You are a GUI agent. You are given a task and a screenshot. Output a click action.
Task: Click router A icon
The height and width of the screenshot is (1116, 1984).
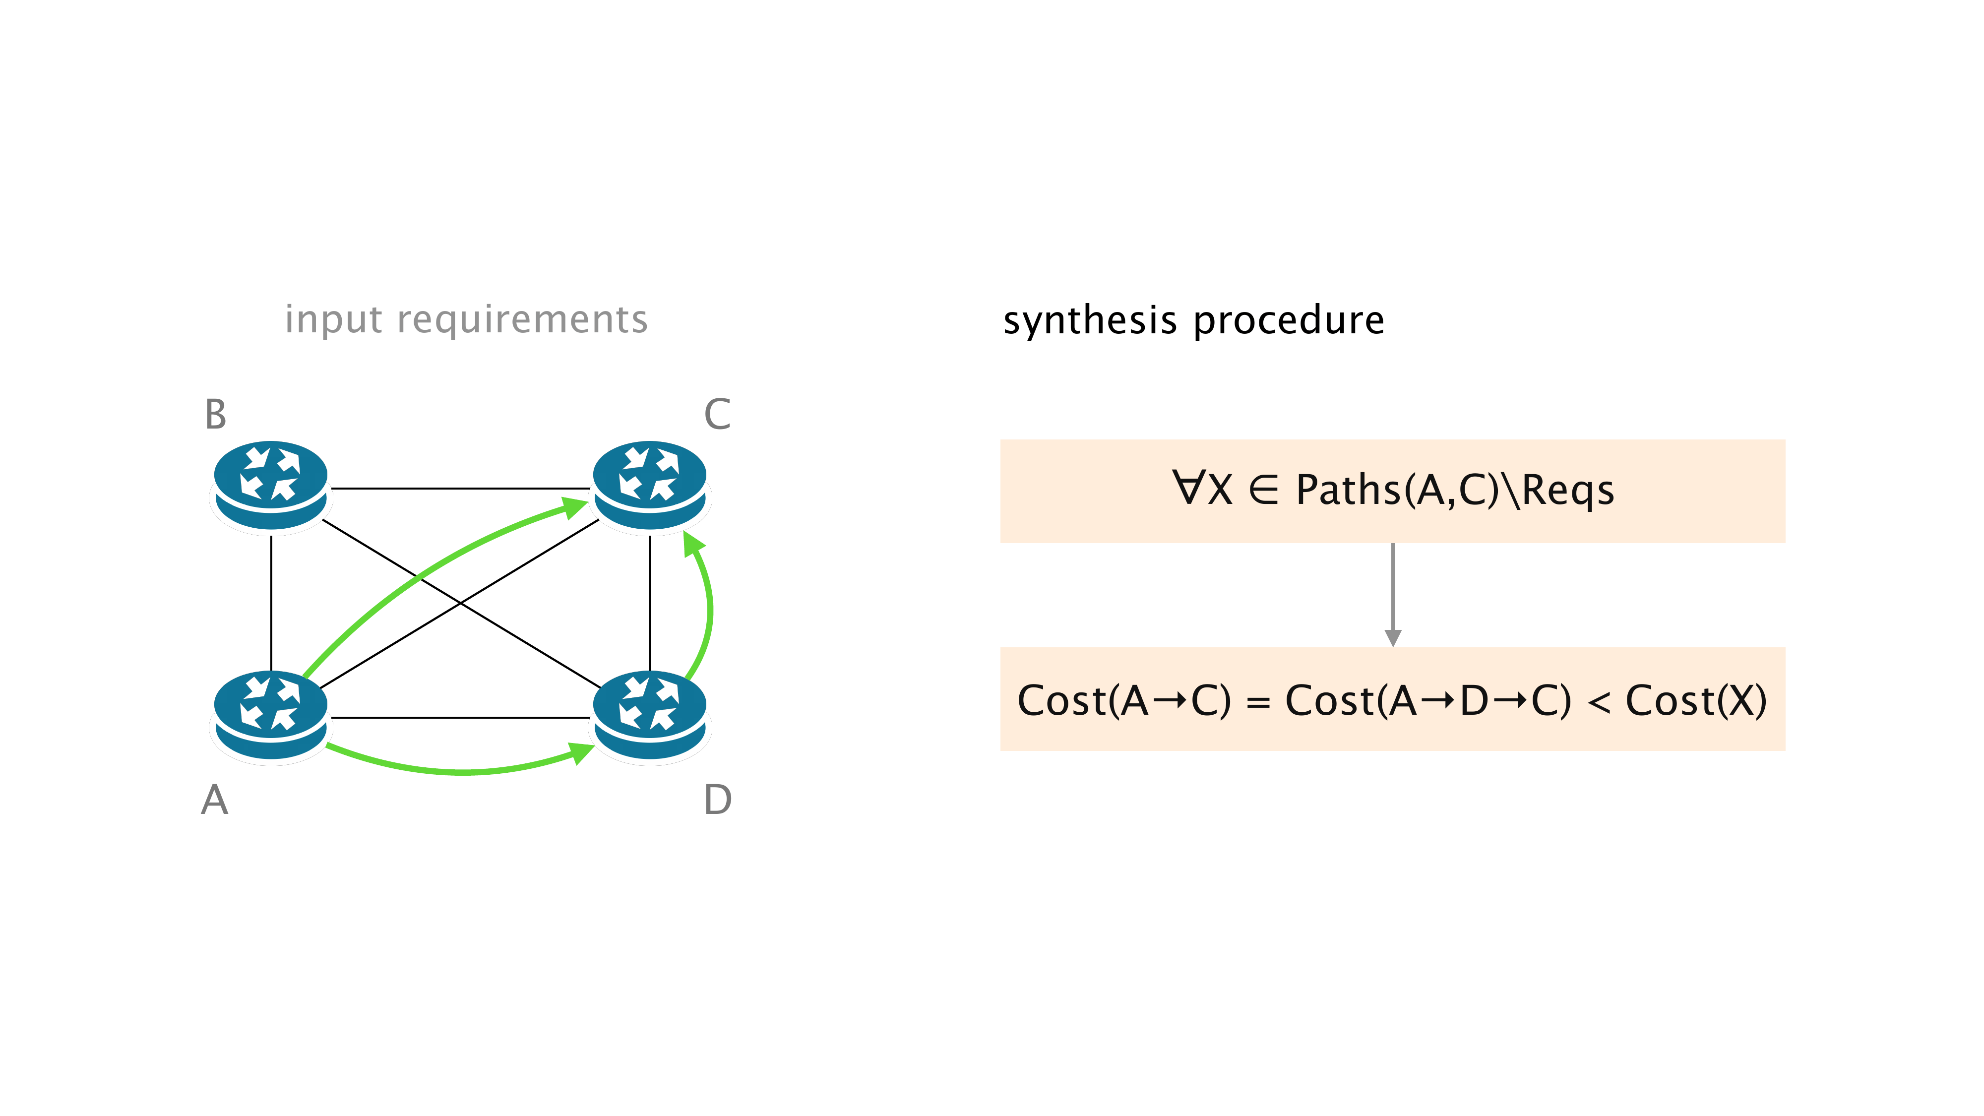(x=270, y=716)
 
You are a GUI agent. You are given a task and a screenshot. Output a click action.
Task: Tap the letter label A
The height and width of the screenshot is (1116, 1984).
(x=215, y=800)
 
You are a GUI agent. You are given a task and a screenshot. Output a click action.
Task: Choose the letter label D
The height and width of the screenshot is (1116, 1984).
(x=717, y=800)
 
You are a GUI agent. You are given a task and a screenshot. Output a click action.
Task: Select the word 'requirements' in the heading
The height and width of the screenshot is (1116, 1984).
(x=522, y=319)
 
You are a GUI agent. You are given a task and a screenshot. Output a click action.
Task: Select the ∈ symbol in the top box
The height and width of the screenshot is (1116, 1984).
(x=1264, y=489)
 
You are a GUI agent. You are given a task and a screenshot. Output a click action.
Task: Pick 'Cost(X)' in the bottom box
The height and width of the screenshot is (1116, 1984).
(x=1696, y=701)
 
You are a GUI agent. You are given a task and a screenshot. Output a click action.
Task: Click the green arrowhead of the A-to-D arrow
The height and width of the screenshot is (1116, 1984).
(x=581, y=752)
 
